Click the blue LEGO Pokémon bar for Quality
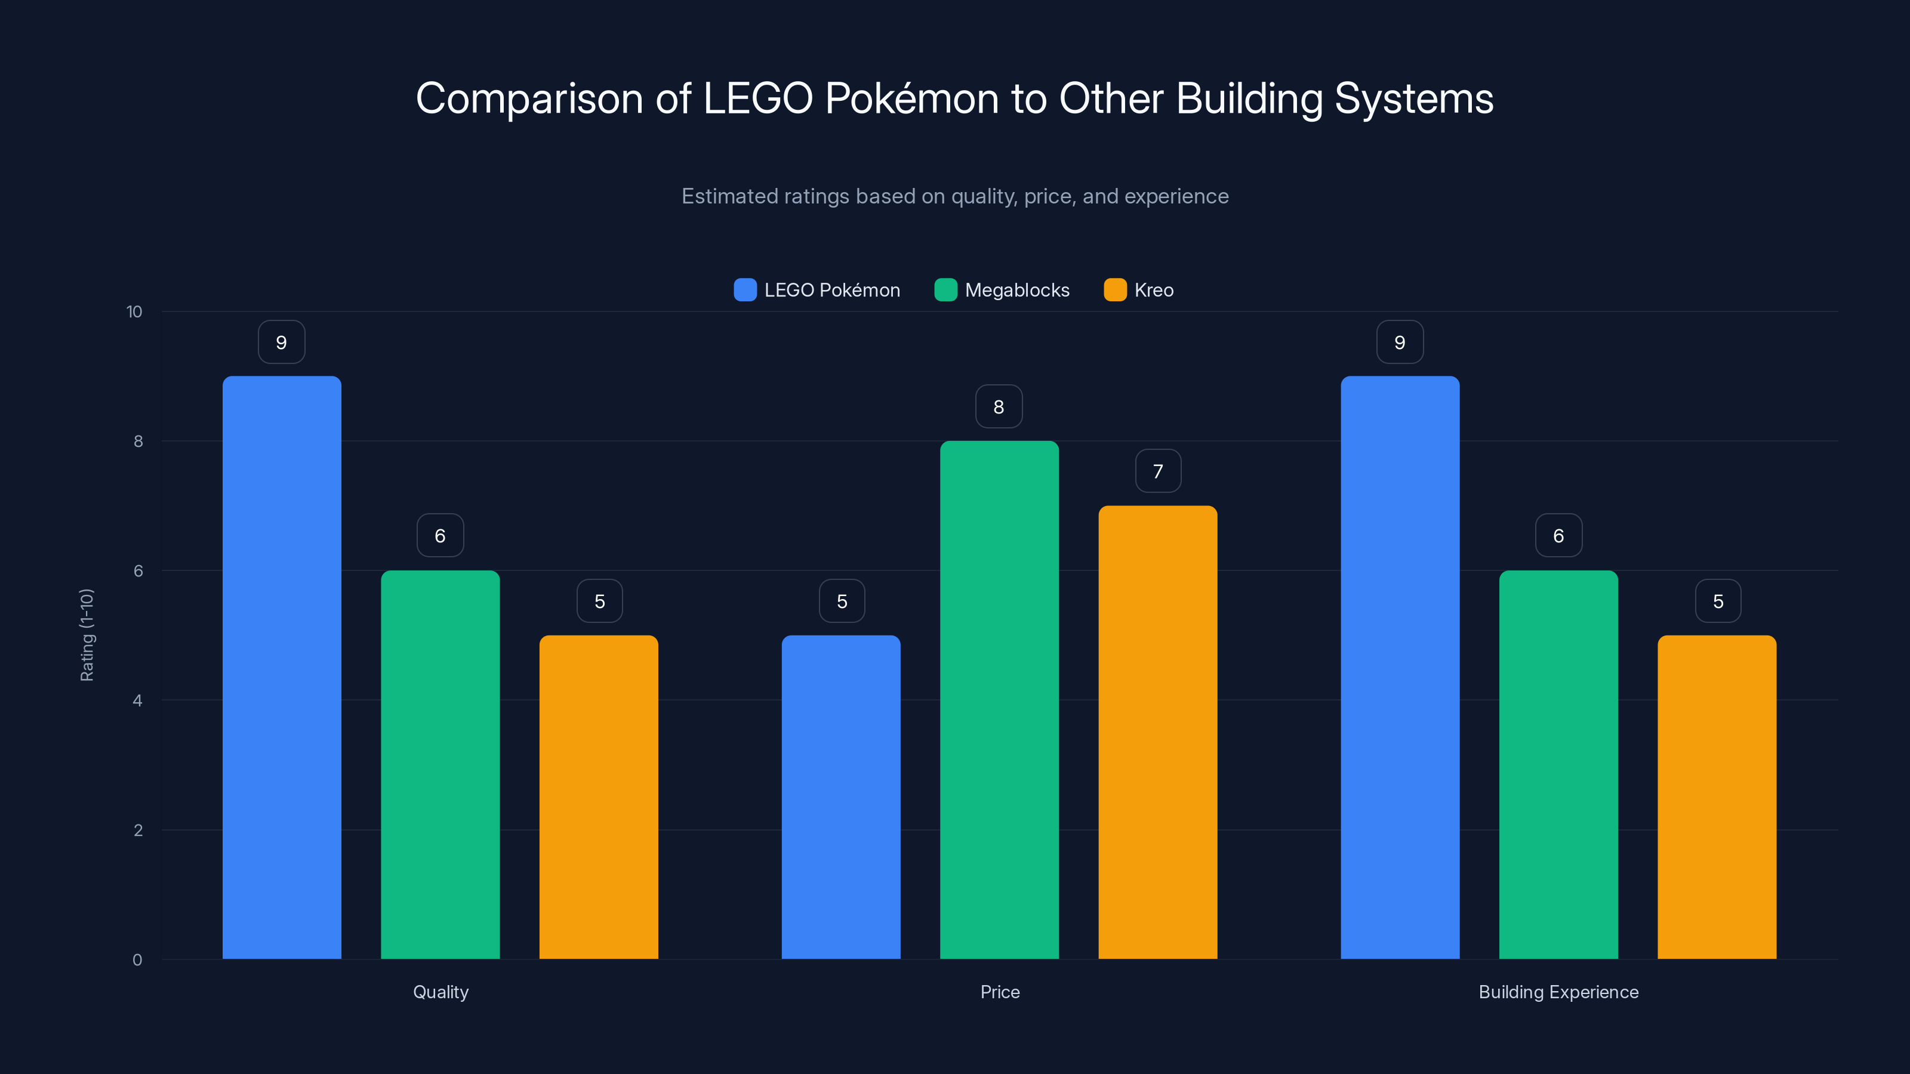click(282, 667)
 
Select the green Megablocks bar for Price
click(999, 700)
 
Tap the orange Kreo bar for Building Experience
click(1717, 797)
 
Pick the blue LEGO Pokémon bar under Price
click(841, 797)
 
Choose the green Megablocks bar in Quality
click(440, 764)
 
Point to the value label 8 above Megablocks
click(999, 406)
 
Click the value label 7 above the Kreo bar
click(1157, 471)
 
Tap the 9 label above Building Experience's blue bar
click(1399, 342)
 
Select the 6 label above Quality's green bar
click(440, 535)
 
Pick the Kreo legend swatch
click(1114, 290)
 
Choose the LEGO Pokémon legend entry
click(817, 290)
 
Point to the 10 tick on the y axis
click(134, 311)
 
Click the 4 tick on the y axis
click(137, 700)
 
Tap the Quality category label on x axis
click(440, 992)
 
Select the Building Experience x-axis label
click(1558, 992)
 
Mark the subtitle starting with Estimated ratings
click(954, 196)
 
